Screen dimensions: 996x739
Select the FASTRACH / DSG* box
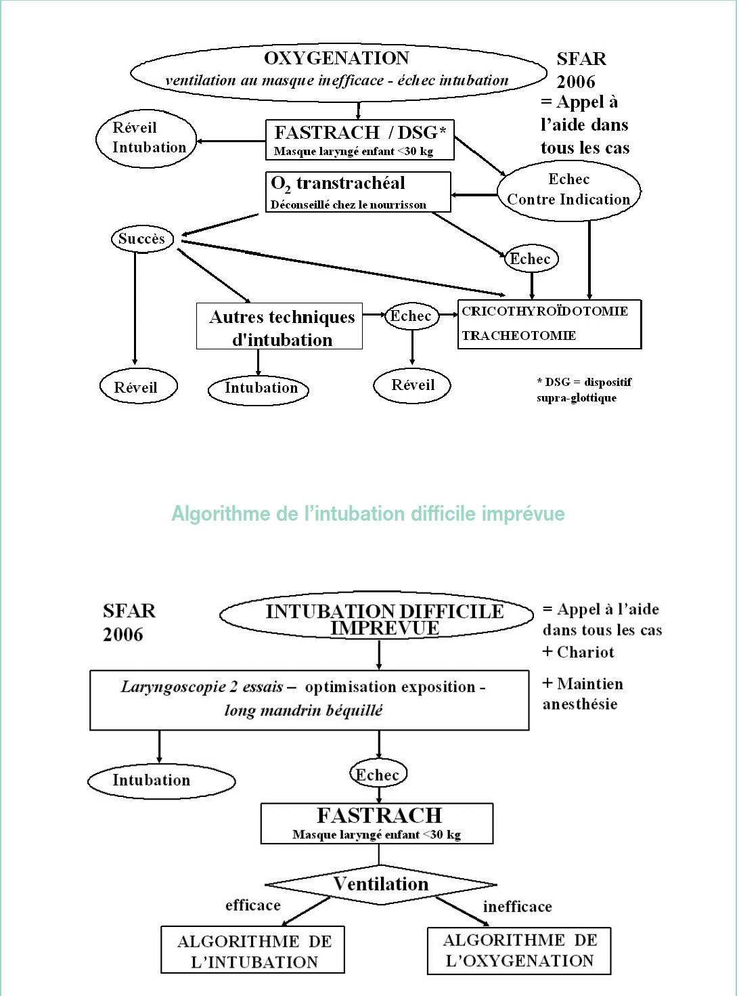point(359,140)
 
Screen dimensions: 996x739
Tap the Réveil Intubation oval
point(147,138)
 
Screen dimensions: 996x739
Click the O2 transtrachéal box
point(358,192)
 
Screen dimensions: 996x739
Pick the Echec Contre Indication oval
point(568,190)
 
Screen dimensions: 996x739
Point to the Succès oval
point(142,238)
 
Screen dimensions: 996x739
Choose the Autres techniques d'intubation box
point(279,326)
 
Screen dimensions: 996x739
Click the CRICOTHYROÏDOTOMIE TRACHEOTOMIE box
point(549,324)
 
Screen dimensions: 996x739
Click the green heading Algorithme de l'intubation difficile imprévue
point(367,514)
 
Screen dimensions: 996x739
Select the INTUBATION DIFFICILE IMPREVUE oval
point(377,616)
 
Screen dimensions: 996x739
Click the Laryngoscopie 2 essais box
point(309,699)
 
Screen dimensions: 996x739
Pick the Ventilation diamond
point(380,884)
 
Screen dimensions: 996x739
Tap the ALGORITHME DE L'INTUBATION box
point(253,950)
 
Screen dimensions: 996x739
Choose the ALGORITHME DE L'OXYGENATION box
point(519,950)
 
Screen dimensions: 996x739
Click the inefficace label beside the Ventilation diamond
point(517,907)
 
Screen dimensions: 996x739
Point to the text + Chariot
point(578,652)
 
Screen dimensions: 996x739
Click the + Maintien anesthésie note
point(581,693)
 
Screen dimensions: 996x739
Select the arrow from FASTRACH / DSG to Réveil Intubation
point(230,142)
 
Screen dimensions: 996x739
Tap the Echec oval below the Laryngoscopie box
point(378,775)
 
